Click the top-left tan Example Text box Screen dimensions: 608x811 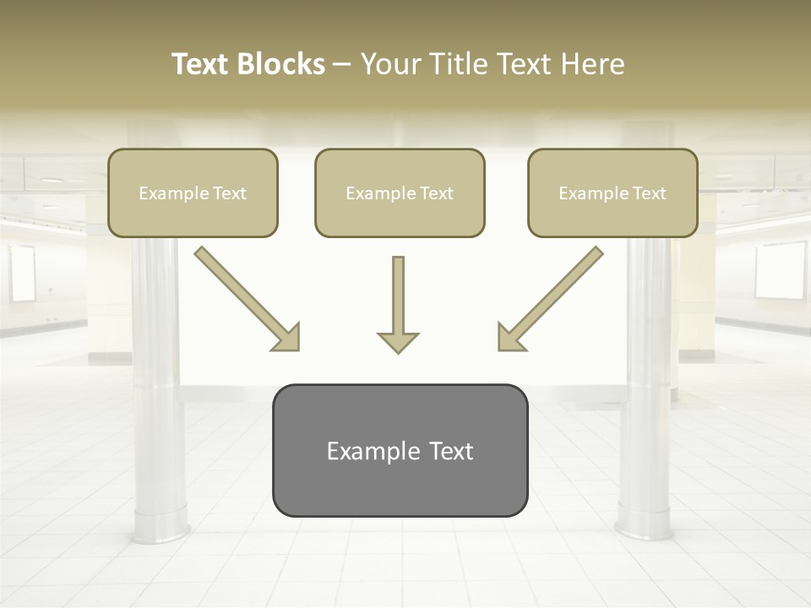tap(193, 193)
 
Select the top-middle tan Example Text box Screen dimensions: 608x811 tap(400, 193)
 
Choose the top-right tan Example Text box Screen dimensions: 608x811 tap(612, 193)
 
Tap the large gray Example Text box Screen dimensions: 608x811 tap(400, 450)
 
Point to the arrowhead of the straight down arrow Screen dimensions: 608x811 tap(398, 341)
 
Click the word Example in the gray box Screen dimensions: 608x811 tap(373, 452)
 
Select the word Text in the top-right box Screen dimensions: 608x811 tap(649, 193)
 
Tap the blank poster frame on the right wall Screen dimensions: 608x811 tap(781, 271)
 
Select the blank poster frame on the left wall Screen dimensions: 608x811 tap(23, 274)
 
